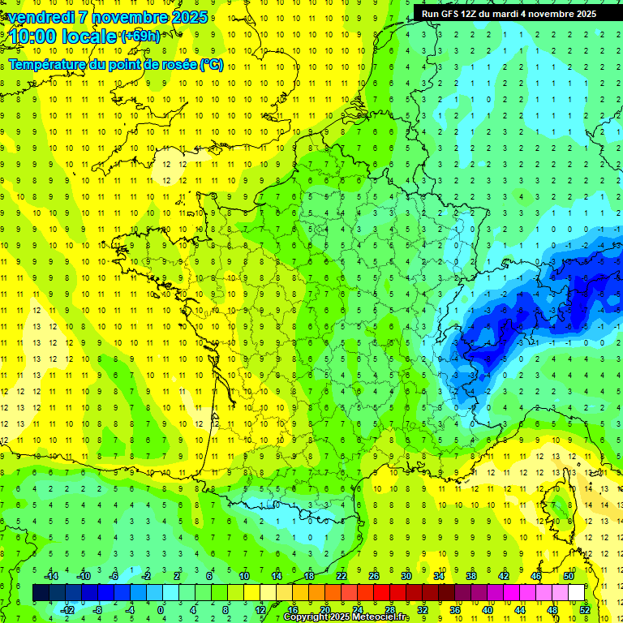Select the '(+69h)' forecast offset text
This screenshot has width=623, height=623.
140,36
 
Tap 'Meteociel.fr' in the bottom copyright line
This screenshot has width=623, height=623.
380,617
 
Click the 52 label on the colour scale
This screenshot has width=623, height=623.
585,609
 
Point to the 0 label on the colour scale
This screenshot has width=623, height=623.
161,609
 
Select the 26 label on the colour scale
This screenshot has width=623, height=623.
374,576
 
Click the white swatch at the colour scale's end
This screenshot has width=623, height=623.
576,592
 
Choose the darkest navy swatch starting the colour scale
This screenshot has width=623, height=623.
41,592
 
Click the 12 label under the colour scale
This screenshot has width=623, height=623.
260,609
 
